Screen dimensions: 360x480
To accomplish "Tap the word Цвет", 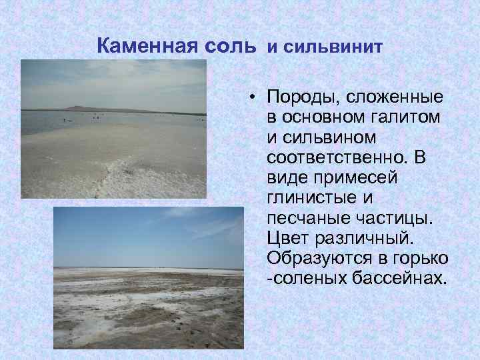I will [287, 238].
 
